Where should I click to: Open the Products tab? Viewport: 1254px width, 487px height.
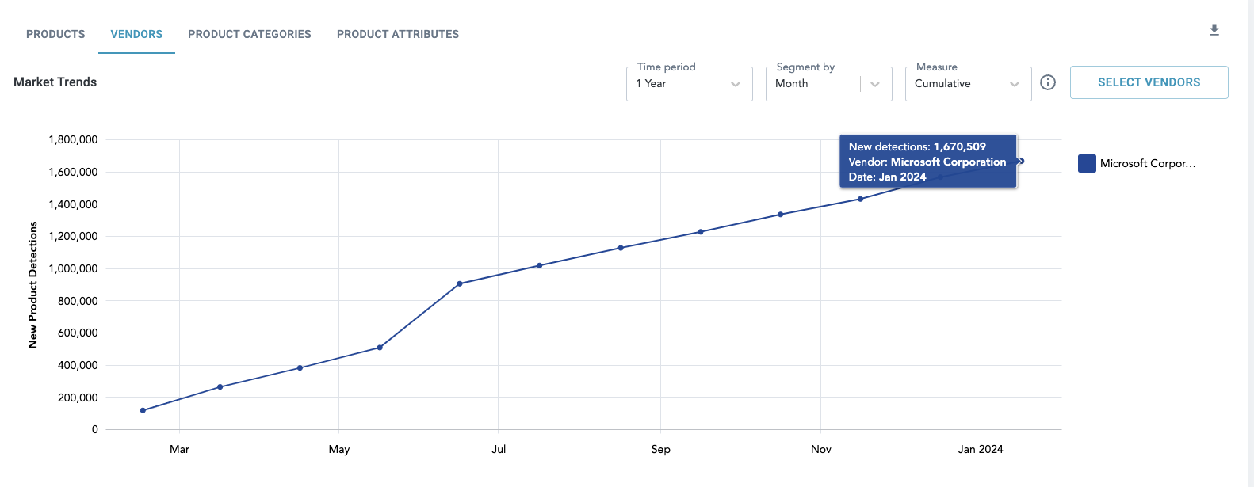point(55,34)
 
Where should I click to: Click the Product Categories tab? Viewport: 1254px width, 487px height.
point(249,34)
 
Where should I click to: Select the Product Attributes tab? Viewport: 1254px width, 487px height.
point(397,34)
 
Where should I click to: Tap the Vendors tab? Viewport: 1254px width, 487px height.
point(136,34)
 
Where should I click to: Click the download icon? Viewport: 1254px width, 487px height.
point(1214,30)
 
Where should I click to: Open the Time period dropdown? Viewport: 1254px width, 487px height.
point(689,84)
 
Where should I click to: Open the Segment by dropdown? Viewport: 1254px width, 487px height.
point(828,84)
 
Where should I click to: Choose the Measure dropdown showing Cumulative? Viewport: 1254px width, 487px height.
point(968,84)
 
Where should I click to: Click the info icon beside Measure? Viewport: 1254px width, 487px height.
point(1048,82)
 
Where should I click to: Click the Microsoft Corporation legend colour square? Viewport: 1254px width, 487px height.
point(1087,164)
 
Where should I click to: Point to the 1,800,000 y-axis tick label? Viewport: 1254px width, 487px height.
point(73,139)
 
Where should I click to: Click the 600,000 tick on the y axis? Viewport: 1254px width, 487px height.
point(78,333)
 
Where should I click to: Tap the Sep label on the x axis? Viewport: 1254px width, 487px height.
point(660,449)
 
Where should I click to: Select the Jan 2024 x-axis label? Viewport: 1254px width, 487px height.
point(980,449)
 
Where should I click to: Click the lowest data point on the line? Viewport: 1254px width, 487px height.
point(143,410)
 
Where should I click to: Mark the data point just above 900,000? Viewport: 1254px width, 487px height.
point(460,283)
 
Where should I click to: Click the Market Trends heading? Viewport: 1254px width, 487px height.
point(55,82)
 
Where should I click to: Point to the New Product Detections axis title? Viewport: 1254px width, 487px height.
point(32,285)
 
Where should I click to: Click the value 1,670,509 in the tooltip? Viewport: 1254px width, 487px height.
point(959,146)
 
